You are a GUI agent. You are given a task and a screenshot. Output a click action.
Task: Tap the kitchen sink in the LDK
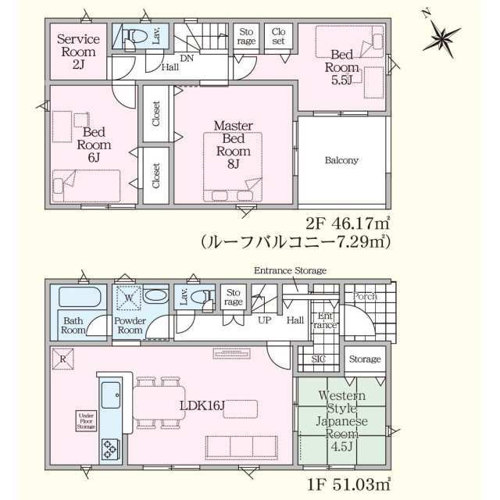(109, 395)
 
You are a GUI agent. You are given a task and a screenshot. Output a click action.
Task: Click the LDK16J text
(202, 405)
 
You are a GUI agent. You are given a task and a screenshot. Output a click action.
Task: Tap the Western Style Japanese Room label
(341, 420)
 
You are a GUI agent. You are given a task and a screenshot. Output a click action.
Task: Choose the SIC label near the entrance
(320, 359)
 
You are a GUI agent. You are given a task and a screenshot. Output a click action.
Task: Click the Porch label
(365, 297)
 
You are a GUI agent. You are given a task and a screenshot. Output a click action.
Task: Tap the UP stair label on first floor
(264, 320)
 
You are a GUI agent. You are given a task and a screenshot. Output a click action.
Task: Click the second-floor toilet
(134, 37)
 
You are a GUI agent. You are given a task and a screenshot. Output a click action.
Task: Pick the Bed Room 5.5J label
(344, 67)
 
